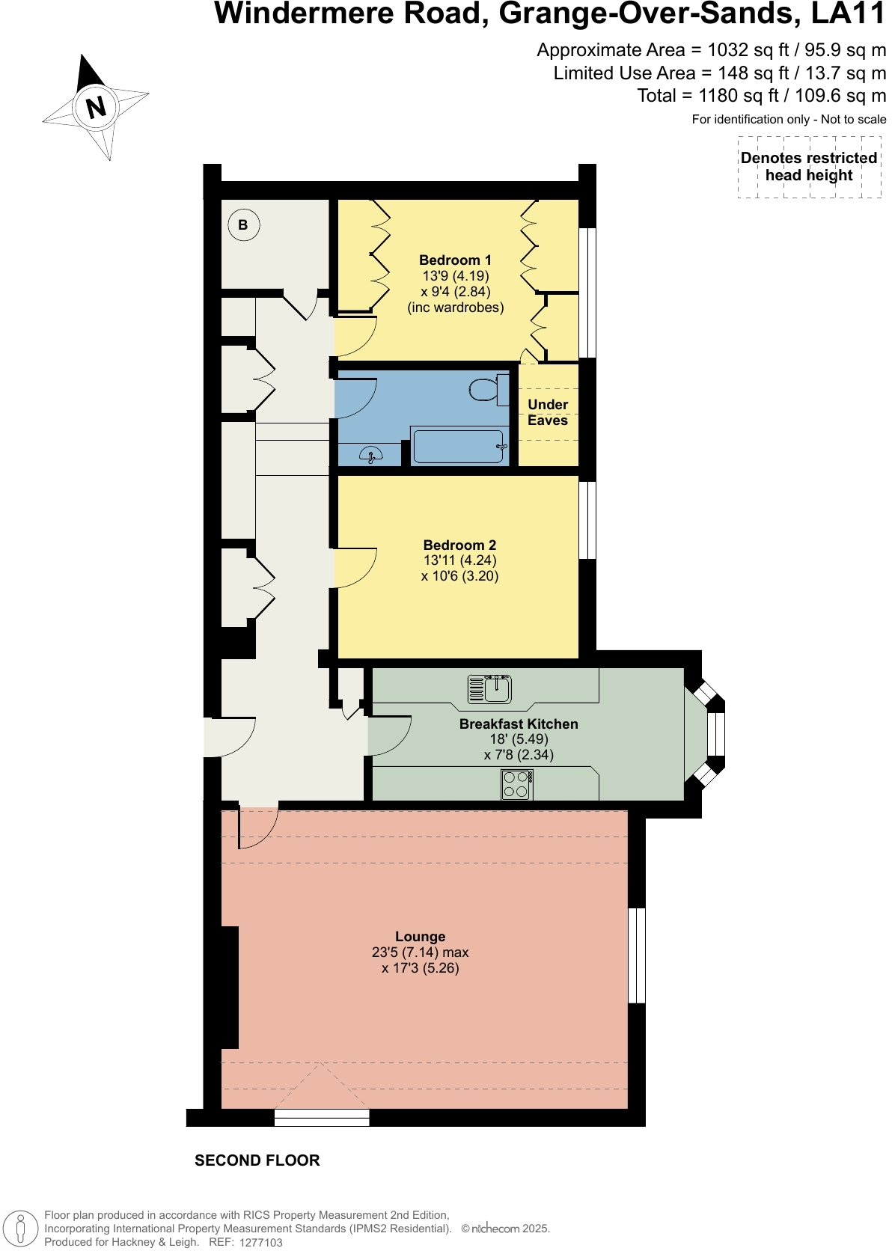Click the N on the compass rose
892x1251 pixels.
point(96,107)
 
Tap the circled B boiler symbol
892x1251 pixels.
point(243,224)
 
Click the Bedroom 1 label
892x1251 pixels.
point(455,260)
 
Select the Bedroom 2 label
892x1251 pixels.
point(459,545)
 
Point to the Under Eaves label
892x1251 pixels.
point(548,412)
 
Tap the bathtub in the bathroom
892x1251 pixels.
point(459,447)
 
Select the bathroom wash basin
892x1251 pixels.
point(370,453)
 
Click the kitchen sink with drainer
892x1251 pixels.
point(489,688)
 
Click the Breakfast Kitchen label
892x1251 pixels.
point(519,724)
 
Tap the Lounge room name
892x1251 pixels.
point(420,936)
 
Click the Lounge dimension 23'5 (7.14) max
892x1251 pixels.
point(420,952)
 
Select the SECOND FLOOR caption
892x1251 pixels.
point(257,1160)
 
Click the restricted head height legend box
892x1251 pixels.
point(809,167)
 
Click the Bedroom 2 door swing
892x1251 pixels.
point(355,568)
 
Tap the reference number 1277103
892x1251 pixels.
point(260,1242)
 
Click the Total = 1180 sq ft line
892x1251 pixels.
point(761,96)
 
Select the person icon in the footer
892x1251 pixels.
point(21,1229)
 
